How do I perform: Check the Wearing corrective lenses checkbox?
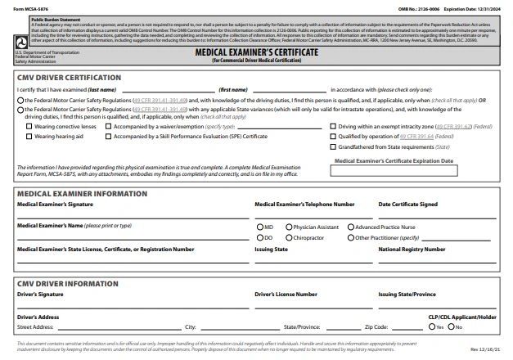[x=29, y=128]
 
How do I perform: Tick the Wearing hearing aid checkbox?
[x=29, y=137]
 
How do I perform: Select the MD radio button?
[x=259, y=227]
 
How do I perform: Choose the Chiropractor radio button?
[x=289, y=237]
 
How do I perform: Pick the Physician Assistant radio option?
[x=289, y=227]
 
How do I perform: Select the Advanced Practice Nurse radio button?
[x=350, y=227]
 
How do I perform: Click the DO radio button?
[x=259, y=237]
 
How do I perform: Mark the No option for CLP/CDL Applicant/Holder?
[x=450, y=327]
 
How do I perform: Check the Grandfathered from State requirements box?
[x=333, y=147]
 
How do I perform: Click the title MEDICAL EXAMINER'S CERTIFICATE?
[x=256, y=51]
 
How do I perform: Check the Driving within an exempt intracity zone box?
[x=333, y=128]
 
